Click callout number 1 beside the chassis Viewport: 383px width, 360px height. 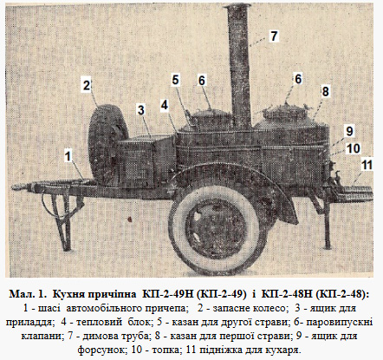click(68, 156)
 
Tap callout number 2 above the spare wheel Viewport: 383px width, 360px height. click(87, 84)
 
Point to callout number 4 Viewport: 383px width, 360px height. click(163, 105)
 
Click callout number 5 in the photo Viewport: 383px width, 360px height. click(175, 80)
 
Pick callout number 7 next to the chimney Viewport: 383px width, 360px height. click(274, 36)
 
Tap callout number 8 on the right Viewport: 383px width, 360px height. click(325, 90)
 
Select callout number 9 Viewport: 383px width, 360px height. click(348, 130)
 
